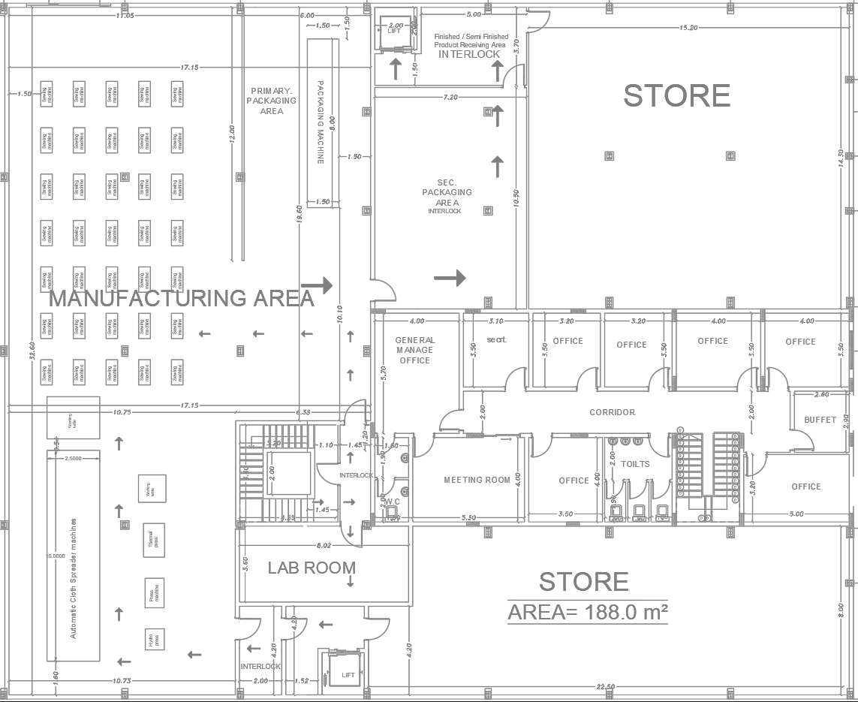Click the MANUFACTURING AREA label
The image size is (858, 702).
coord(181,298)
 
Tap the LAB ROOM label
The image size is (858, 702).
coord(312,568)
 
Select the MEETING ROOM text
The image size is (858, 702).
coord(477,480)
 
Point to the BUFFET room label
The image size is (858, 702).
coord(820,420)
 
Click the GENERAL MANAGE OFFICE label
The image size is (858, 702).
coord(415,350)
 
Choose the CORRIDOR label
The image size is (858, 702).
coord(612,412)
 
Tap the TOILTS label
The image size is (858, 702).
coord(635,464)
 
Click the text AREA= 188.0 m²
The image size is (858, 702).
coord(588,613)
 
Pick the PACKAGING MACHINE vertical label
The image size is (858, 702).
coord(321,122)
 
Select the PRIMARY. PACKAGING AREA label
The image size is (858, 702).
coord(272,101)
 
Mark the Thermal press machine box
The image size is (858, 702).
coord(153,540)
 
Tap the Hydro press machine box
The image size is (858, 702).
coord(153,639)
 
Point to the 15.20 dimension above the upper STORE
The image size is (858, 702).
coord(688,28)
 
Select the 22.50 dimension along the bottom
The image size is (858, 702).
coord(606,686)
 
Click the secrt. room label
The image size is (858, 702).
coord(496,340)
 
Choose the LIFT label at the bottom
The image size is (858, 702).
coord(348,675)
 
